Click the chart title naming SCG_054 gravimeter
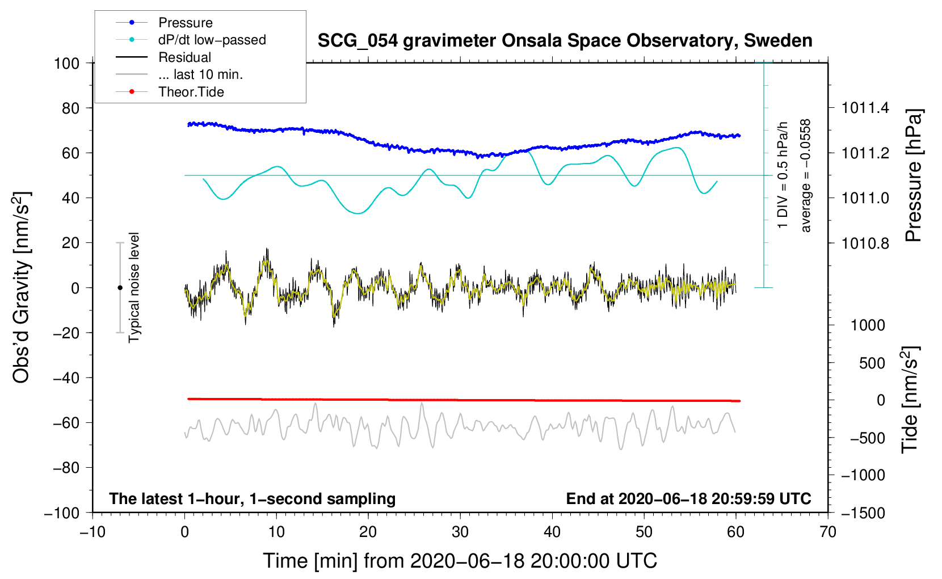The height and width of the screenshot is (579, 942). (565, 41)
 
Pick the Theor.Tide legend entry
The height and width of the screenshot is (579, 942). (191, 92)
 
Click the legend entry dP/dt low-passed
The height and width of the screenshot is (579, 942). (212, 40)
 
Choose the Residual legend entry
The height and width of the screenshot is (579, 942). (184, 57)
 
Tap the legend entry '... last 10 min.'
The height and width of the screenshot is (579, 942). (200, 74)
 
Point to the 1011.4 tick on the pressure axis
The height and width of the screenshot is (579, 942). (865, 108)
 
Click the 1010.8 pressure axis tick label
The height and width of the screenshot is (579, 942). (865, 243)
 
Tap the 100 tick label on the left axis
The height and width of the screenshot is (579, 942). (66, 63)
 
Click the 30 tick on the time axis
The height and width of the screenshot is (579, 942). (460, 532)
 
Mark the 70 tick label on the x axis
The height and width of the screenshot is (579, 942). (828, 532)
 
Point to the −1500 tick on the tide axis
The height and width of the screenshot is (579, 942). (863, 513)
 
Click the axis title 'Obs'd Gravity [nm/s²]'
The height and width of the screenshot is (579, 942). (22, 287)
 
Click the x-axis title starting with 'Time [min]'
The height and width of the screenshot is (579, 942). (460, 561)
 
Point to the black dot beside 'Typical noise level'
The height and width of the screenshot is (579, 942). (120, 288)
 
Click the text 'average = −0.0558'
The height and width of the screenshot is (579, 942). (806, 176)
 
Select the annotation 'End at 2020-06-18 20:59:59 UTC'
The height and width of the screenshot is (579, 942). (688, 499)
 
